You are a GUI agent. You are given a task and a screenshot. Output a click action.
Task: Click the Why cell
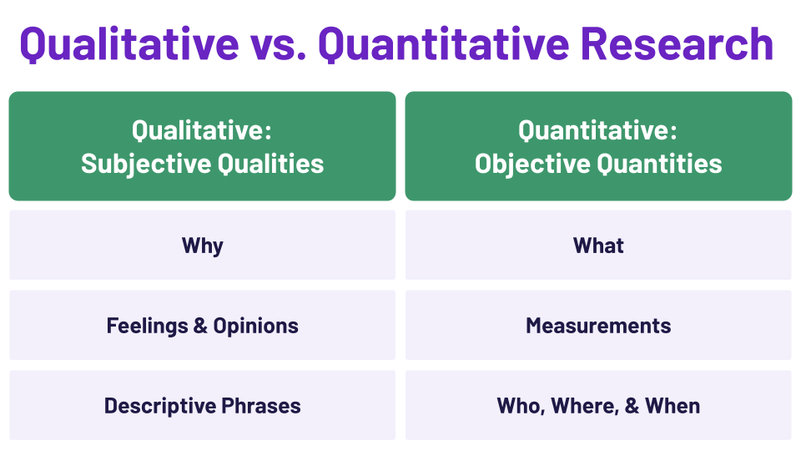202,246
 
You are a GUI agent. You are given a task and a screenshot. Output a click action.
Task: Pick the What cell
598,246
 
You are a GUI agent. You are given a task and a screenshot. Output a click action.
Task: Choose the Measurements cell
598,326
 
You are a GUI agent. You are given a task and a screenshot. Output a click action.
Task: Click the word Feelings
146,326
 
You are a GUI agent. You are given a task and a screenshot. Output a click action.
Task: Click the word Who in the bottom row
517,406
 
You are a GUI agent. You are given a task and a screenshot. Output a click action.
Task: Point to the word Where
577,406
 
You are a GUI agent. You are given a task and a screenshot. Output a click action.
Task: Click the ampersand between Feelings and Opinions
200,326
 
